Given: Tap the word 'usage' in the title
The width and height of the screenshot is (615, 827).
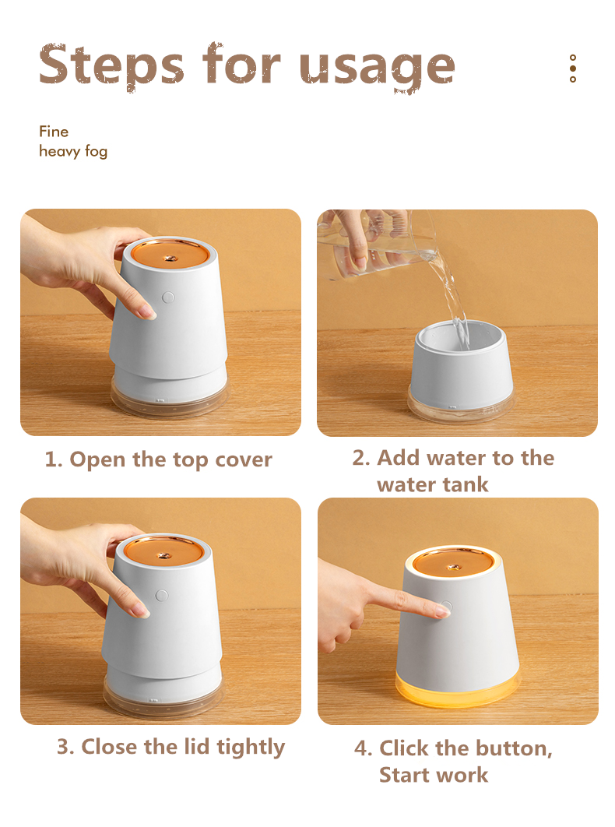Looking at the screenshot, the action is coord(377,68).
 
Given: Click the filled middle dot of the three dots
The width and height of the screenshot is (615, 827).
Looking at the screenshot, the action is coord(573,69).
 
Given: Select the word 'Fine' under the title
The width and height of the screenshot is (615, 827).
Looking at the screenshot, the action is coord(54,132).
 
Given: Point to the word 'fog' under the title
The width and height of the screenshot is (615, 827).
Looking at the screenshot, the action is coord(96,152).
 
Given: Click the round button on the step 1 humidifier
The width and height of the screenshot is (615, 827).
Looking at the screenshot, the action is coord(168,297).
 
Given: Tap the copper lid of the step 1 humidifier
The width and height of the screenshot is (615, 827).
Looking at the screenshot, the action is coord(169,254).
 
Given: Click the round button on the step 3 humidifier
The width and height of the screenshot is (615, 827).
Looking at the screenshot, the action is coord(162,596).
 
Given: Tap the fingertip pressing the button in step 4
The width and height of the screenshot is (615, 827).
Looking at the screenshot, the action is coord(442,611).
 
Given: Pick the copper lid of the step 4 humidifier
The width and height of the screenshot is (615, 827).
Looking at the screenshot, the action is coord(453,565).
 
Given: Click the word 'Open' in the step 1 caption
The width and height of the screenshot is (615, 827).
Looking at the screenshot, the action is coord(97,460).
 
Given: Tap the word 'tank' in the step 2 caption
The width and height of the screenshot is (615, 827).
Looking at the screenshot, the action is coord(465,484).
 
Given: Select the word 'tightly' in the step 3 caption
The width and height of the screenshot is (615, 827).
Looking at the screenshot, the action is coord(251,748).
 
